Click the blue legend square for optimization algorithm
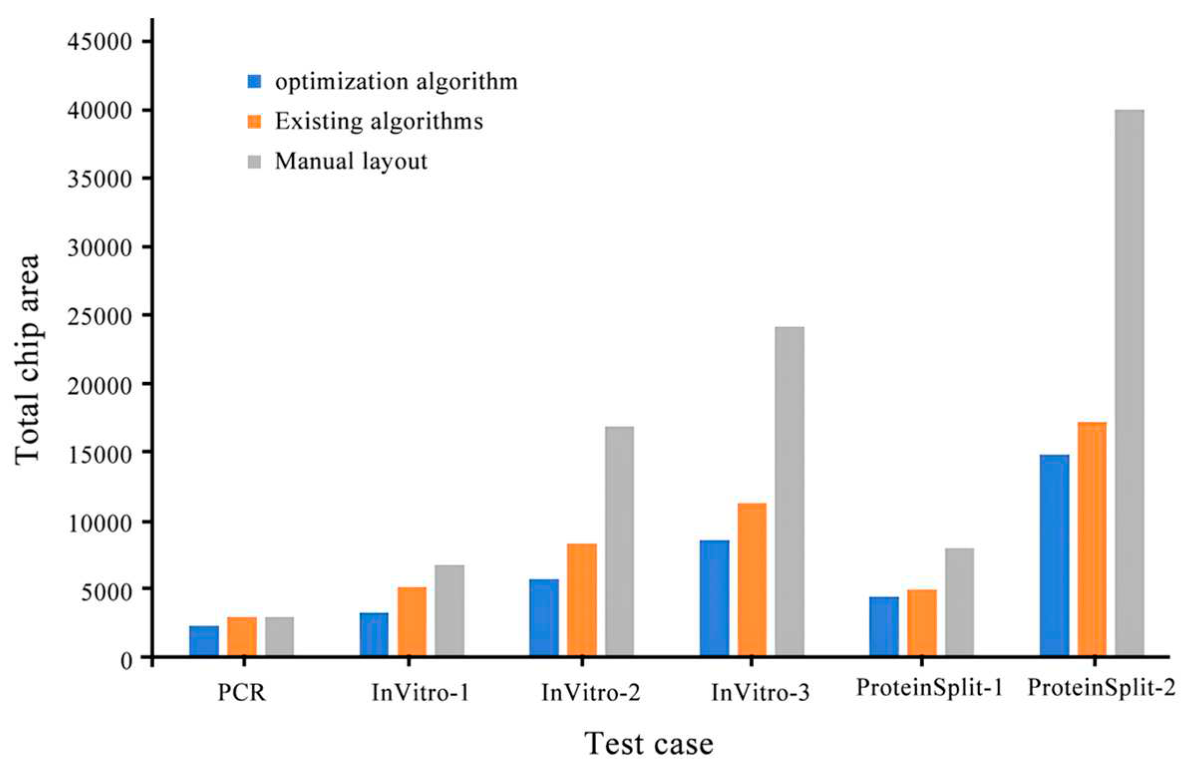(x=254, y=82)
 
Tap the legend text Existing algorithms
(x=379, y=122)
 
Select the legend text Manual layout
(x=351, y=161)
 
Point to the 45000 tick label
(x=99, y=41)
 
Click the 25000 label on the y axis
(x=99, y=315)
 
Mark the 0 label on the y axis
(x=127, y=661)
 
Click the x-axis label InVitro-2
(x=591, y=693)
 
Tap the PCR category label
(x=241, y=693)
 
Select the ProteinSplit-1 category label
(x=929, y=688)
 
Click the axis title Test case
(x=649, y=744)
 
